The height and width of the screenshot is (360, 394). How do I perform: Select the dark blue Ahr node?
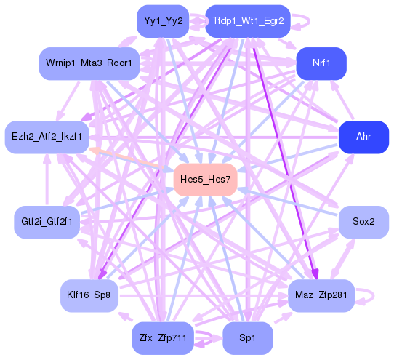pos(363,137)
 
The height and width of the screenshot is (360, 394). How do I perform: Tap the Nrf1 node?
pos(321,63)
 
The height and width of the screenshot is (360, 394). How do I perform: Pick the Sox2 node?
pos(363,222)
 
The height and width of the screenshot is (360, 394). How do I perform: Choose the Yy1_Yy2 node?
pos(163,21)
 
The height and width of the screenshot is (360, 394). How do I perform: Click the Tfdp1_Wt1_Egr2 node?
pos(247,21)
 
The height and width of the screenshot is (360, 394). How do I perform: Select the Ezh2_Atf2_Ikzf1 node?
pos(47,137)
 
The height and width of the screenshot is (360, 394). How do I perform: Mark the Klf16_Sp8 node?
pos(89,295)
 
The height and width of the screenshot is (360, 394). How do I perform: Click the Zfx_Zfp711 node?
pos(163,338)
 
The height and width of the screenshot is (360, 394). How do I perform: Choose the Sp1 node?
pos(247,338)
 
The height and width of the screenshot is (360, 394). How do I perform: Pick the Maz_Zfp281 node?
pos(321,295)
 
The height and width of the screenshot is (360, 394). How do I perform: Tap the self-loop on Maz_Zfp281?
pos(372,295)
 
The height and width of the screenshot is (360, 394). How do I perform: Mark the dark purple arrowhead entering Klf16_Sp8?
pos(102,274)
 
